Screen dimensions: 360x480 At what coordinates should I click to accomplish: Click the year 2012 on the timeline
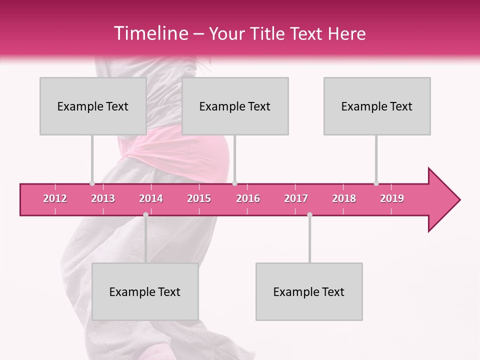[x=55, y=198]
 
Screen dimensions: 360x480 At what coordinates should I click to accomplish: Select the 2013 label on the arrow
[x=103, y=198]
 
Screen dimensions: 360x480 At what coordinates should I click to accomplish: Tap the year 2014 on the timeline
[x=151, y=198]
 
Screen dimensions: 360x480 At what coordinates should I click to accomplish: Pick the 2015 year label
[x=199, y=198]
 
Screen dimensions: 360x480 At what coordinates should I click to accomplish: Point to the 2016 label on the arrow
[x=248, y=198]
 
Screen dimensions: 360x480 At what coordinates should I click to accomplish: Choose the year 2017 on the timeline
[x=296, y=198]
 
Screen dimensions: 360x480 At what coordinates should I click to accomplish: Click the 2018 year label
[x=344, y=198]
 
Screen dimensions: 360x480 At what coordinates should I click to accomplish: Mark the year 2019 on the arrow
[x=392, y=198]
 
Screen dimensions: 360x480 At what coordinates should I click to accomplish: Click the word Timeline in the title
[x=149, y=33]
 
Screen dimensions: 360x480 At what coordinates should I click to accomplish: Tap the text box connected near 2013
[x=93, y=106]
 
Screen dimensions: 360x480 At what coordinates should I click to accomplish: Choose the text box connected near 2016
[x=235, y=106]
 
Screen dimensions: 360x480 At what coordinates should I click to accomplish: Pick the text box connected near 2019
[x=377, y=106]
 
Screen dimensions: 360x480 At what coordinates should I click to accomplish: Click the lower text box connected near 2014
[x=145, y=291]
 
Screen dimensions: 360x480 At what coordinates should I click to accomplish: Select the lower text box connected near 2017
[x=309, y=291]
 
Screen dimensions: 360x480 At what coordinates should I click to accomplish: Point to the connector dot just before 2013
[x=92, y=183]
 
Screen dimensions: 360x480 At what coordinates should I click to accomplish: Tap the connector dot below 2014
[x=145, y=214]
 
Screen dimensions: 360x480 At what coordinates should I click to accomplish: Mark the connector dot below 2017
[x=309, y=214]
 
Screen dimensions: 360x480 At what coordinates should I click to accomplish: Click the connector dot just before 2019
[x=376, y=183]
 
